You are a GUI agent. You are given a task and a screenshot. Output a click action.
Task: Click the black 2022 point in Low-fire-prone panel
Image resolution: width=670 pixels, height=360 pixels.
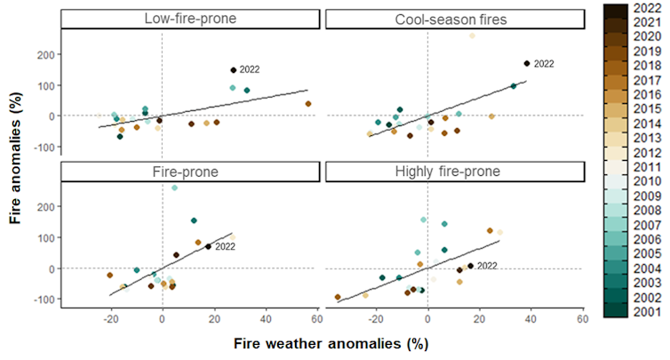pyautogui.click(x=234, y=70)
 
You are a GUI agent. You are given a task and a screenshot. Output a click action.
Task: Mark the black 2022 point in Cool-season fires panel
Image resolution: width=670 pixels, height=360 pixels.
pyautogui.click(x=527, y=63)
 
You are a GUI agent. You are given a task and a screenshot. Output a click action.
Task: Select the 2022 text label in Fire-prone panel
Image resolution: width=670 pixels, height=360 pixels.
pyautogui.click(x=225, y=246)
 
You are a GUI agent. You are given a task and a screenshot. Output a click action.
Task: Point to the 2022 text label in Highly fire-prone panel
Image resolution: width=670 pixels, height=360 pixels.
pyautogui.click(x=488, y=266)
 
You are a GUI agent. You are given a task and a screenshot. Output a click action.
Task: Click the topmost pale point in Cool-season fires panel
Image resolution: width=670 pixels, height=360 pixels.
pyautogui.click(x=472, y=36)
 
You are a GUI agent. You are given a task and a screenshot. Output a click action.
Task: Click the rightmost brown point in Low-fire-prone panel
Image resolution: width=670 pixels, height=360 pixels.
pyautogui.click(x=308, y=103)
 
